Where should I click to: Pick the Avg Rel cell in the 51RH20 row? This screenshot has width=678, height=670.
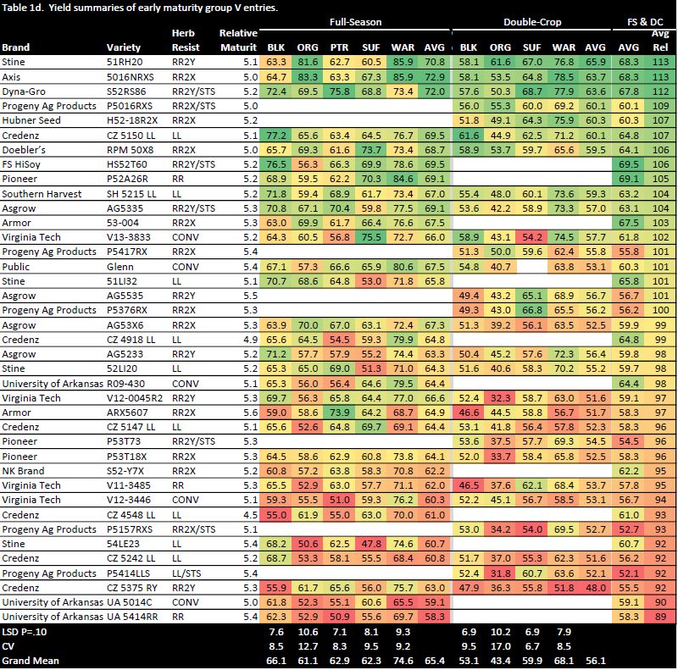click(659, 61)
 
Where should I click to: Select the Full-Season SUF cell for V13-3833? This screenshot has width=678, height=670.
click(370, 237)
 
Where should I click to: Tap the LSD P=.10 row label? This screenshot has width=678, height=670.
click(29, 633)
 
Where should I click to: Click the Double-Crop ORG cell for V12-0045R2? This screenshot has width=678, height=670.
click(501, 398)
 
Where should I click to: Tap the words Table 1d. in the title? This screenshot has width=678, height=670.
click(23, 7)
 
